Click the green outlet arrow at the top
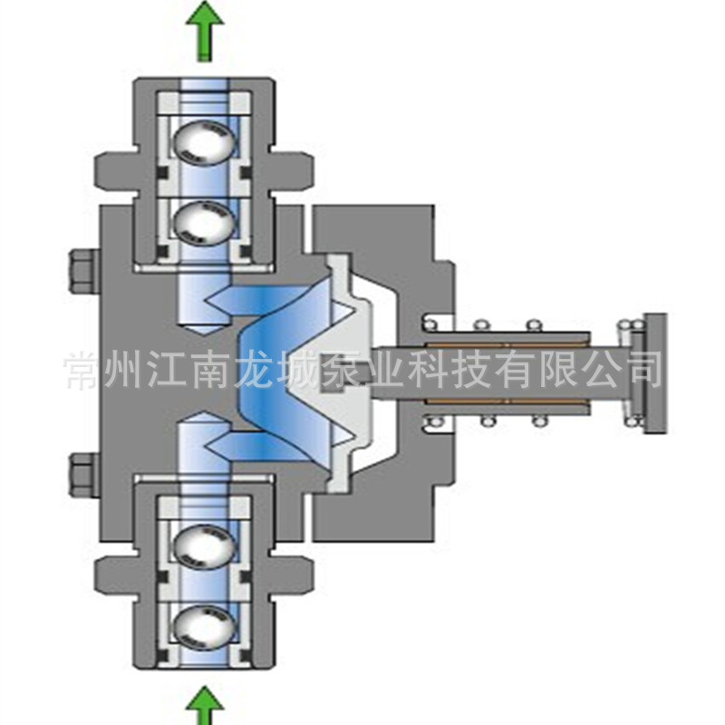click(205, 31)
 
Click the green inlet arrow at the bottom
click(205, 706)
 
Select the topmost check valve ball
click(204, 142)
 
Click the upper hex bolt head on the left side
click(84, 271)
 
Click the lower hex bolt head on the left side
click(84, 474)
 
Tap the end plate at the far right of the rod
click(654, 373)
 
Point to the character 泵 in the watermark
click(342, 370)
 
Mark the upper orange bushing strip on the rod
click(507, 345)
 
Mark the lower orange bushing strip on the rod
click(507, 401)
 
